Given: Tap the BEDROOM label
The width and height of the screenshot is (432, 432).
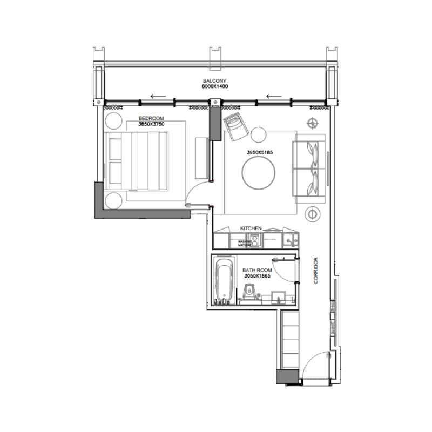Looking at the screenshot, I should coord(151,118).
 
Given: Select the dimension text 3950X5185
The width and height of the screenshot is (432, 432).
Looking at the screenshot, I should coord(260,153).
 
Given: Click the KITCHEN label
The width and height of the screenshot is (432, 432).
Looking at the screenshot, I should coord(251,228).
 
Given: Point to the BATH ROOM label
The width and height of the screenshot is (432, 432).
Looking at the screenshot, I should coord(256,269).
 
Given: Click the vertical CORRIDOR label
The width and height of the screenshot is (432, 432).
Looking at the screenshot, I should coord(316,270).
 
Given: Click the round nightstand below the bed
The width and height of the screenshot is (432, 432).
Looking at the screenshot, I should coord(114,199).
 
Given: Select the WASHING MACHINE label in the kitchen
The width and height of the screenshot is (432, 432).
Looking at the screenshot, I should coord(245,243).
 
